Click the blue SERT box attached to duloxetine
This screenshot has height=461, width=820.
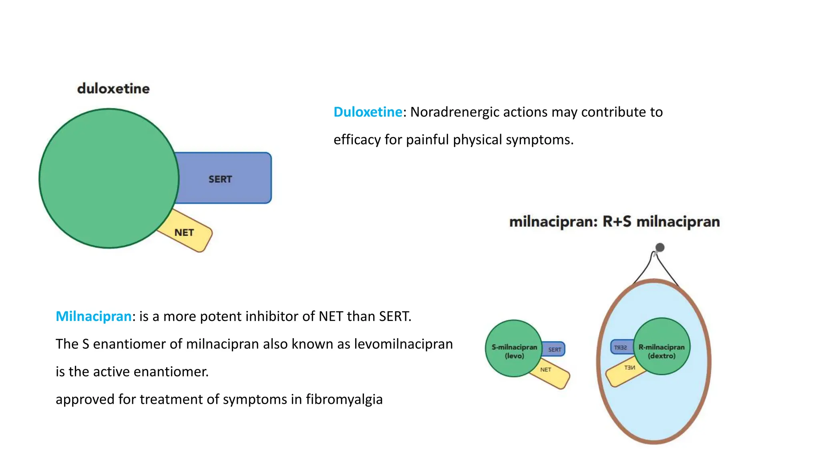pyautogui.click(x=224, y=178)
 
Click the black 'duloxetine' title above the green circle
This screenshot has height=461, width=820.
pyautogui.click(x=113, y=88)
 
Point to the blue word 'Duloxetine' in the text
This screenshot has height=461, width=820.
pyautogui.click(x=368, y=112)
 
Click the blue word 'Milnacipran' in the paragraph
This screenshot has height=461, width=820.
pyautogui.click(x=93, y=317)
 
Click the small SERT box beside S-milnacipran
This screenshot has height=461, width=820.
pyautogui.click(x=555, y=349)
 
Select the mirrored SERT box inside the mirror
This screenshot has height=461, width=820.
pyautogui.click(x=620, y=347)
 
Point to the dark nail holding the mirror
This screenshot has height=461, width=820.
pyautogui.click(x=660, y=247)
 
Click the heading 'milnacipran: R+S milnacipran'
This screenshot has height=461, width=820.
pyautogui.click(x=614, y=222)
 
